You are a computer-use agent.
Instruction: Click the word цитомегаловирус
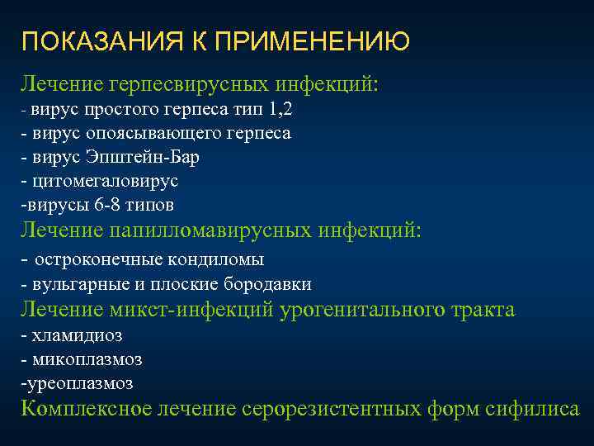(103, 180)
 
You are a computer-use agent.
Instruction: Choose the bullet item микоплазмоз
(86, 359)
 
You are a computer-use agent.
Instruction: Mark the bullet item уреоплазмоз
(79, 383)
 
